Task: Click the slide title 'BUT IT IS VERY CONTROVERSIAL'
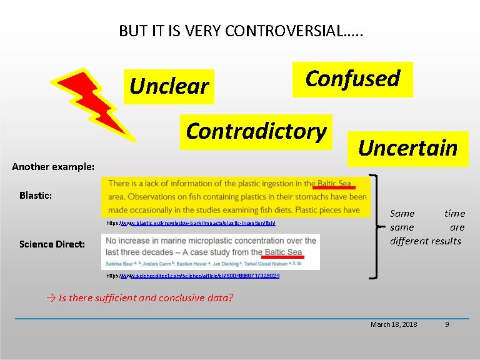click(x=241, y=31)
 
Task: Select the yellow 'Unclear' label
click(x=169, y=86)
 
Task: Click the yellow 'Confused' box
click(x=352, y=79)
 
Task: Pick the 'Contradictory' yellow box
click(x=256, y=131)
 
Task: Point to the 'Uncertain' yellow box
click(x=407, y=148)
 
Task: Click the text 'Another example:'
click(x=54, y=167)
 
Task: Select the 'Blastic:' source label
click(x=36, y=195)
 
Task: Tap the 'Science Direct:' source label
click(x=52, y=244)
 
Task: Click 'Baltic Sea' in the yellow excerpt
click(x=334, y=183)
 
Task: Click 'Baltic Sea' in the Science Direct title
click(x=283, y=252)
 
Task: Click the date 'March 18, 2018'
click(x=394, y=324)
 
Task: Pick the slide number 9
click(x=446, y=324)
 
